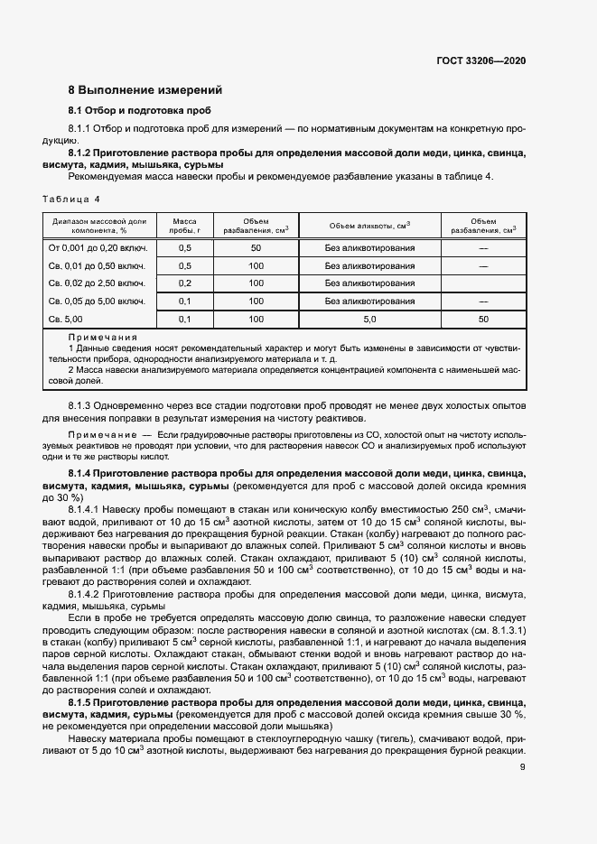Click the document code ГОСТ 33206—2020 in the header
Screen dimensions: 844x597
point(480,60)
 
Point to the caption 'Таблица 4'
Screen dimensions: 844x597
point(71,198)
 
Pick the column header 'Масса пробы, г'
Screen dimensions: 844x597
point(184,225)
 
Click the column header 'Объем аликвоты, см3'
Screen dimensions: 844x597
point(369,225)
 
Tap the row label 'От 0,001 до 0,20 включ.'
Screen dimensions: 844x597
point(98,247)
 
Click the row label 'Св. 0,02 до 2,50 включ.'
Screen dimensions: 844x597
point(97,283)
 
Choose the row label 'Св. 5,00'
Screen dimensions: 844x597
point(65,319)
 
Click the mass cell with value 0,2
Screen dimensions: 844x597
point(185,283)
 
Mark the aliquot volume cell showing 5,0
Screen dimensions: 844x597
point(369,319)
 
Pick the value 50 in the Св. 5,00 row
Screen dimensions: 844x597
point(483,319)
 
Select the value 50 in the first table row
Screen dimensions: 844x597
point(256,247)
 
